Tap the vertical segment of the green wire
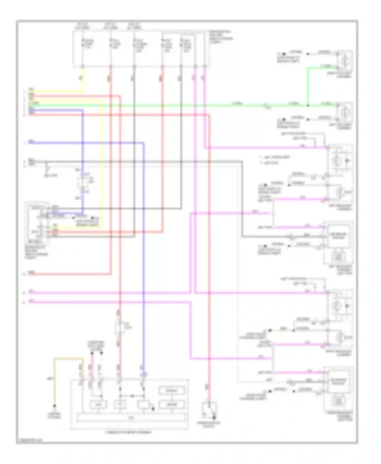pos(307,86)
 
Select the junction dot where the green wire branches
pos(308,105)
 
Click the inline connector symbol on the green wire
pos(266,105)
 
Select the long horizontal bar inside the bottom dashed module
pos(132,417)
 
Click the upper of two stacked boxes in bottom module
pos(172,390)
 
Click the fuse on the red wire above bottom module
pos(119,327)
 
